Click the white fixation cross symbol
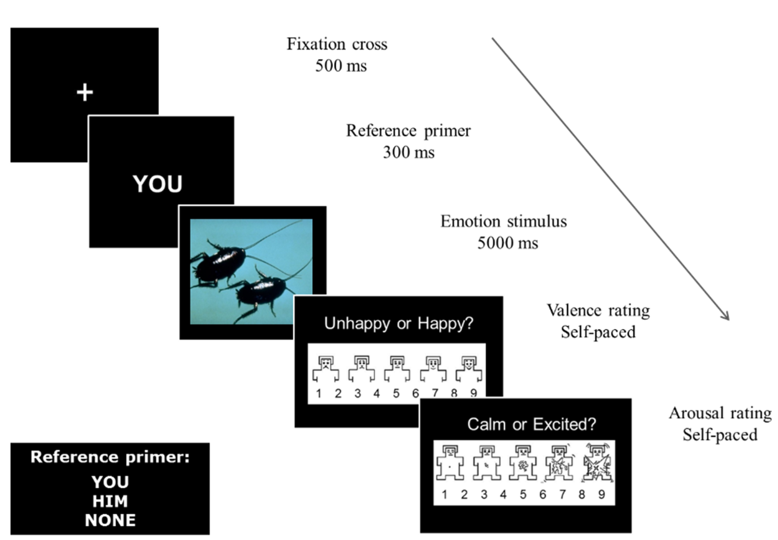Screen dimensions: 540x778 pos(85,92)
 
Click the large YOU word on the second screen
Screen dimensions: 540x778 pos(157,184)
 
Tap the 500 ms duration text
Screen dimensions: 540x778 pos(341,66)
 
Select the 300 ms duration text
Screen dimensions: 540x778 pos(408,152)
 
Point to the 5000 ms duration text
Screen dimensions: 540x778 pos(507,243)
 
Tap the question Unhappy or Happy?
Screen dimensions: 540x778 pos(399,323)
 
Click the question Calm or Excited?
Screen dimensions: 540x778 pos(531,424)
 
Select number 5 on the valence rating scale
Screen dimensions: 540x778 pos(396,393)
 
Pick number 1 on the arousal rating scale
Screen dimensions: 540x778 pos(445,495)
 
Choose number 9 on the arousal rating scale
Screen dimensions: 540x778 pos(602,495)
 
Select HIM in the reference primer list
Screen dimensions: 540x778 pos(110,501)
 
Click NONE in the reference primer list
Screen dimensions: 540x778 pos(110,520)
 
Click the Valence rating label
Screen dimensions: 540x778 pos(598,311)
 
